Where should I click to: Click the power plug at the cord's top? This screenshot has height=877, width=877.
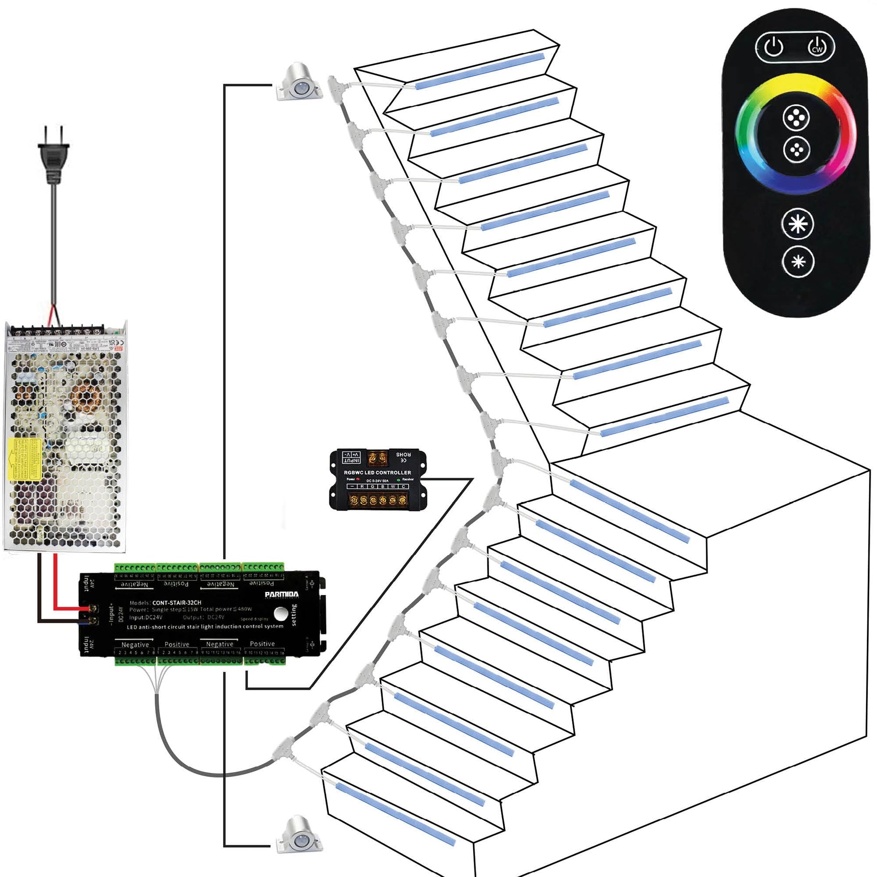(x=53, y=158)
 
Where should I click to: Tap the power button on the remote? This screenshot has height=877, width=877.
(x=774, y=47)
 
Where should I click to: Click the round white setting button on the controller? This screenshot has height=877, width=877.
(x=280, y=613)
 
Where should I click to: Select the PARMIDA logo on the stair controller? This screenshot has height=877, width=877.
(x=281, y=594)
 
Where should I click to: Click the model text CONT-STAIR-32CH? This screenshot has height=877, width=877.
(x=176, y=602)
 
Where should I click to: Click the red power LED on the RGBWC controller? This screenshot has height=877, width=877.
(x=358, y=479)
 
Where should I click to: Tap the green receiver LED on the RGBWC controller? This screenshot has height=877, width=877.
(x=398, y=480)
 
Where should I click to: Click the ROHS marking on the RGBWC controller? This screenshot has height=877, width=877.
(x=403, y=454)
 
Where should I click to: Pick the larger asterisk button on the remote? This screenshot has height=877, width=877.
(x=798, y=224)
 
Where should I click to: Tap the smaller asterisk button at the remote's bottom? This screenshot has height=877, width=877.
(x=798, y=262)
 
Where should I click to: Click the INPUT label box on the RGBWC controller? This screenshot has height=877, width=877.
(x=351, y=457)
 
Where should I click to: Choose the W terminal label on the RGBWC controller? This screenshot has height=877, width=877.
(x=393, y=486)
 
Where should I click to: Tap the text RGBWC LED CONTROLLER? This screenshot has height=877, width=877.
(x=377, y=472)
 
